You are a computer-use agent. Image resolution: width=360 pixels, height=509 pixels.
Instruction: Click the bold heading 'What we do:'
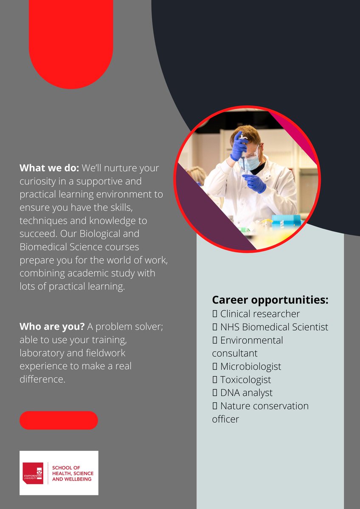(x=49, y=168)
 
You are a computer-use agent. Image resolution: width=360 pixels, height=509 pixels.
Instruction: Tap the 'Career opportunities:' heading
(x=270, y=300)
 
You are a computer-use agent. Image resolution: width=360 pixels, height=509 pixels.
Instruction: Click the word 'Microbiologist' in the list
(x=250, y=366)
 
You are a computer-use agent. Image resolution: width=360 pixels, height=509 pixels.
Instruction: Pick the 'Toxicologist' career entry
(x=245, y=380)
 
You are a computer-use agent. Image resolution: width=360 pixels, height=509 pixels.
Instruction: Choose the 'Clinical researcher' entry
(x=260, y=314)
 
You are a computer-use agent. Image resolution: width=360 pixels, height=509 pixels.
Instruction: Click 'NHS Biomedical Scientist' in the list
(x=274, y=327)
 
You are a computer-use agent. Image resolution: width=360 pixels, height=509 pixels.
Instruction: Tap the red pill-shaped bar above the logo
(x=59, y=420)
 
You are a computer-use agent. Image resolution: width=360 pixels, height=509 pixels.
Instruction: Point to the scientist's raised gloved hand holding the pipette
(x=239, y=147)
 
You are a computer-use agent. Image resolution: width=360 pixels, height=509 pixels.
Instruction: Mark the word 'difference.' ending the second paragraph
(x=42, y=379)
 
